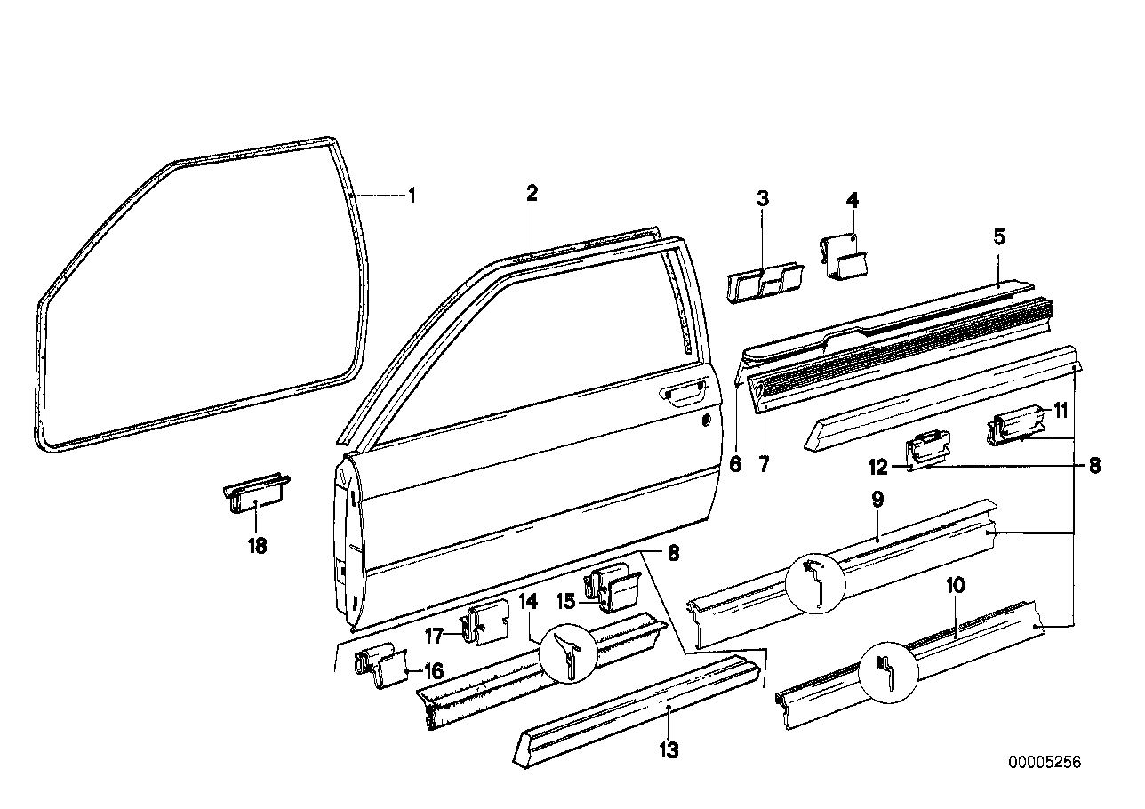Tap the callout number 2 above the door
pos(532,193)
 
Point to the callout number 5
pos(999,236)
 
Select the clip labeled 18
pos(257,500)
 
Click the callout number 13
pos(669,751)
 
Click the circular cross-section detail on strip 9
pos(816,582)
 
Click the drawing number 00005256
pos(1045,763)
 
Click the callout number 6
pos(735,464)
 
